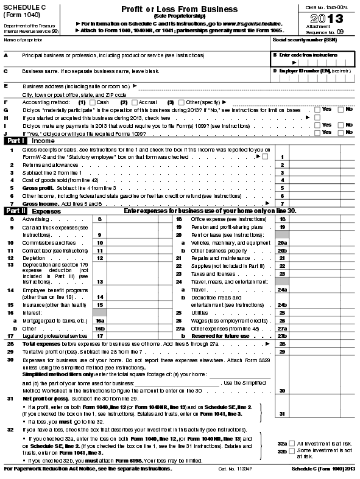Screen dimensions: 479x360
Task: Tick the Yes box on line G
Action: (317, 109)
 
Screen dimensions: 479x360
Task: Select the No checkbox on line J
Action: (341, 131)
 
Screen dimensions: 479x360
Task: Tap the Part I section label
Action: (15, 140)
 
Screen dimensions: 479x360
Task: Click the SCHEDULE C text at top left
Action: (24, 6)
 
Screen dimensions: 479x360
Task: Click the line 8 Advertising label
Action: (35, 218)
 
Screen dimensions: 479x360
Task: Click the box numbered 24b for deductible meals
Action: (282, 304)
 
